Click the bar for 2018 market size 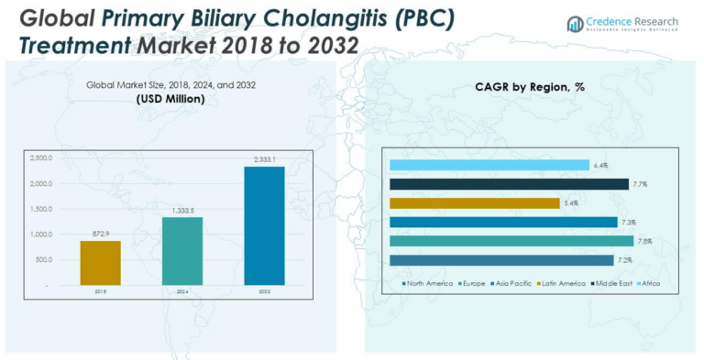[100, 262]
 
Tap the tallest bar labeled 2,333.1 [264, 225]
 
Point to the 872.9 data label [100, 233]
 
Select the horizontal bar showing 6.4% [489, 166]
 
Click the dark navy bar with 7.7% [509, 184]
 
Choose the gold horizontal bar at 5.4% [474, 203]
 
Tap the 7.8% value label [644, 242]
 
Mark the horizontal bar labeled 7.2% [501, 261]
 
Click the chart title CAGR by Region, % [530, 87]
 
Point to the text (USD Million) [171, 99]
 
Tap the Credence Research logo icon [575, 22]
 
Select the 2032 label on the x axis [264, 292]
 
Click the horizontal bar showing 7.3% [503, 223]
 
